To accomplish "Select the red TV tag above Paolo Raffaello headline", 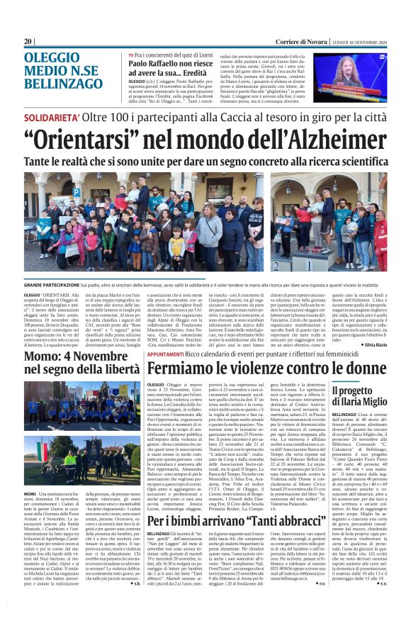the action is [131, 55].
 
